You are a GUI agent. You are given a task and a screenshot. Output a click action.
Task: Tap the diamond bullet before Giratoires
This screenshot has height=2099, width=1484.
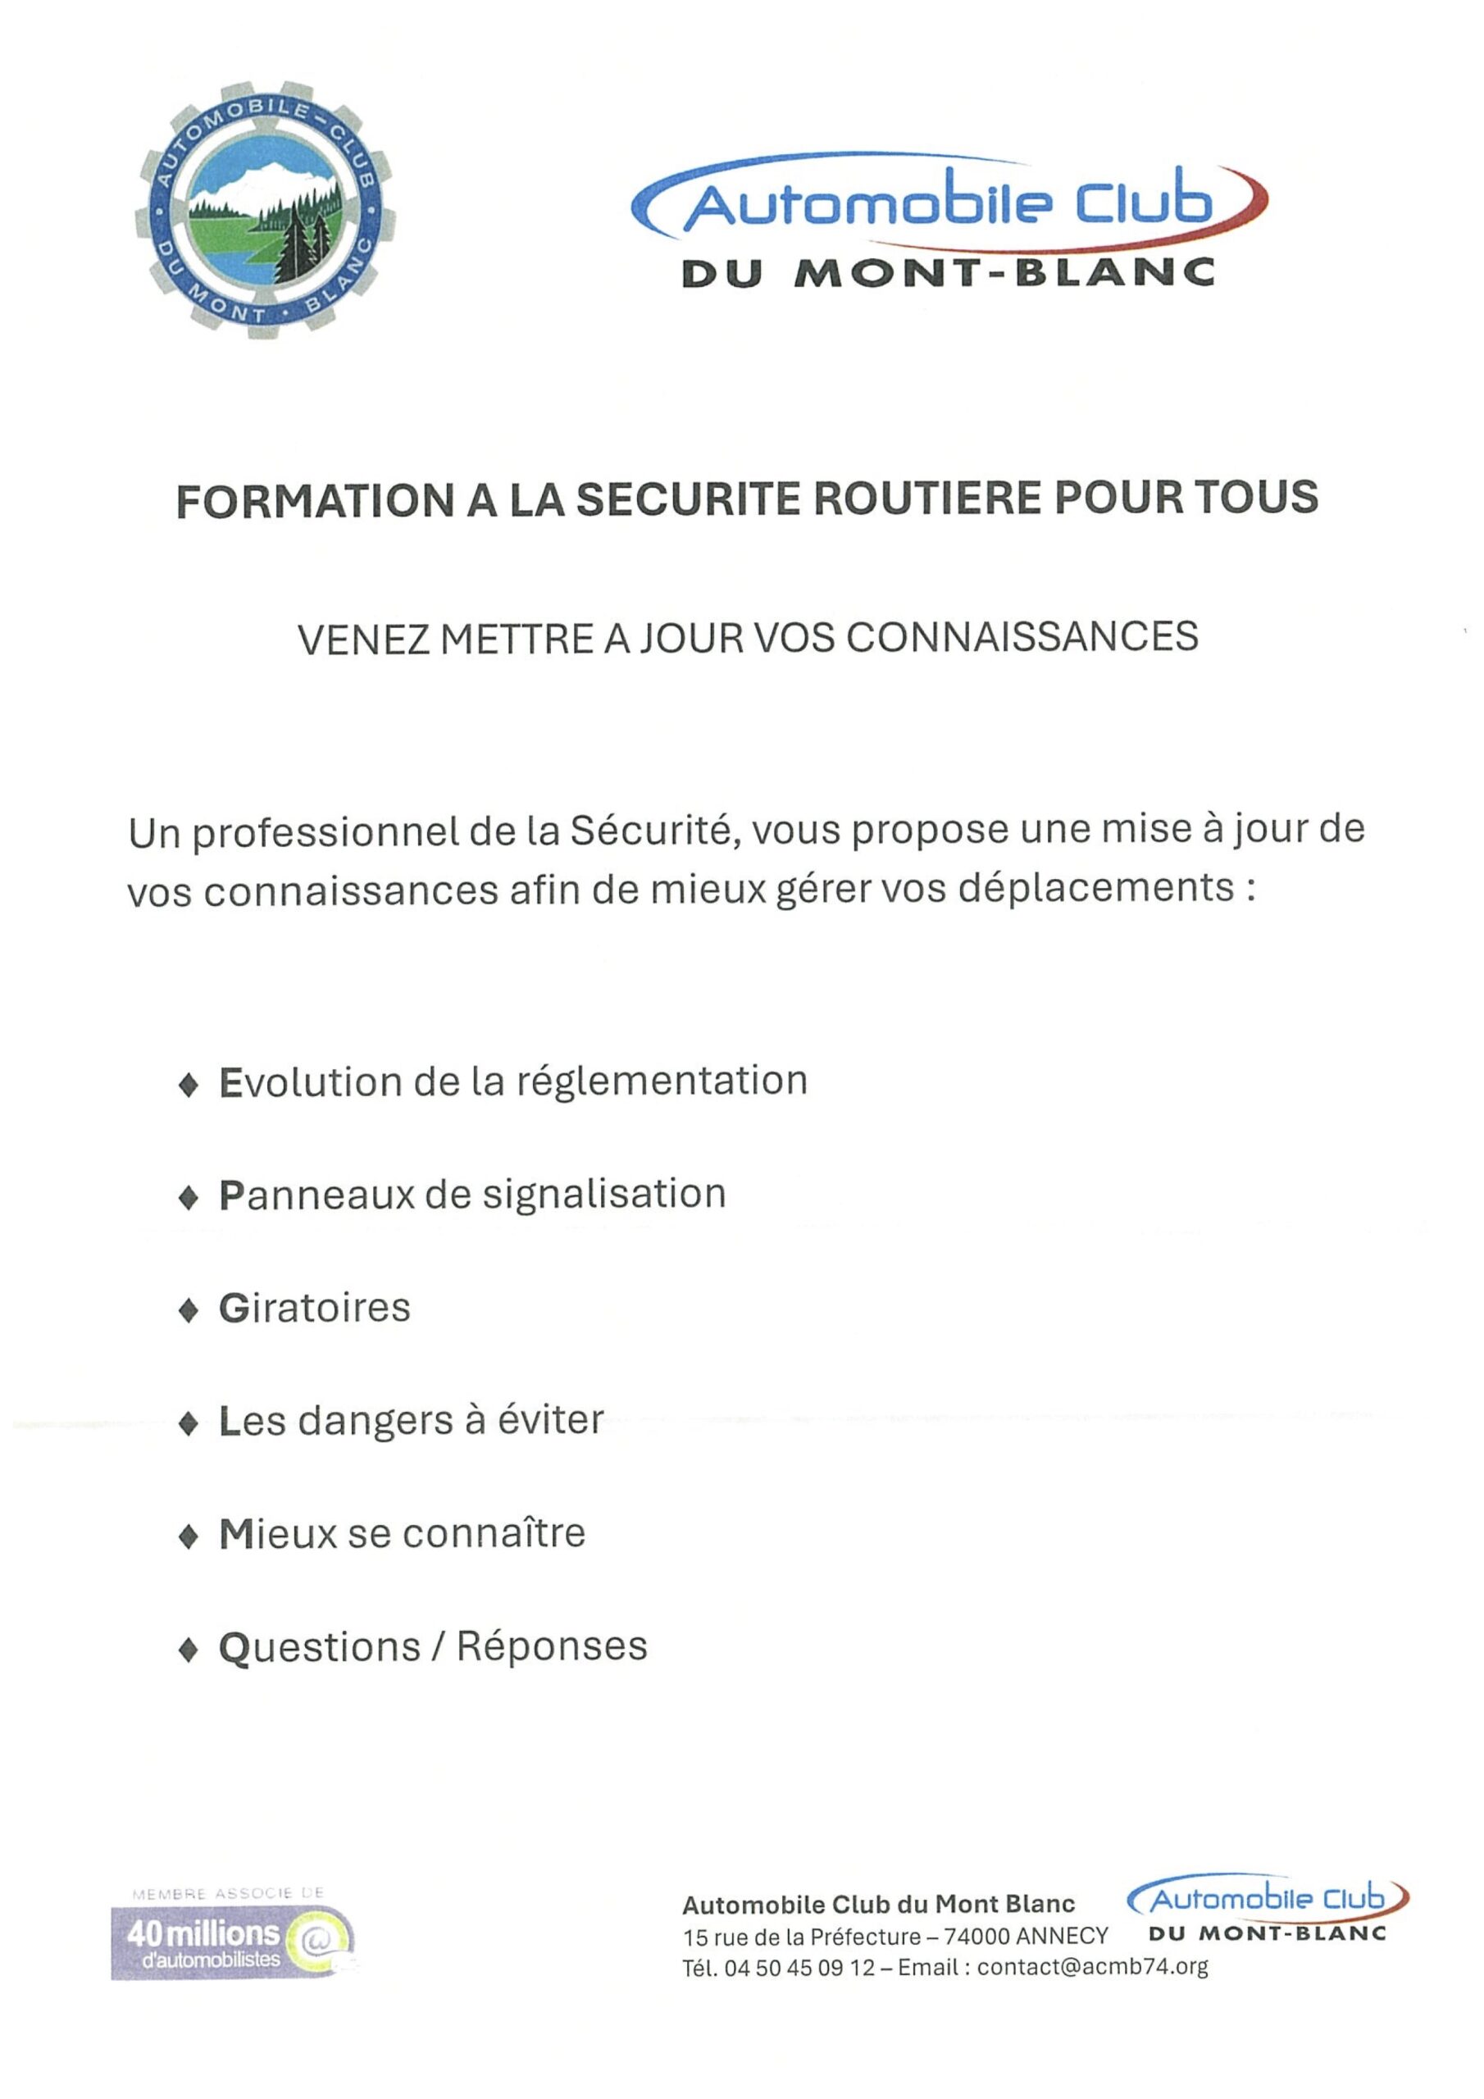[x=189, y=1310]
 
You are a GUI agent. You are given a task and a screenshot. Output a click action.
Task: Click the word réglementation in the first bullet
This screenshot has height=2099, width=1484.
[x=662, y=1081]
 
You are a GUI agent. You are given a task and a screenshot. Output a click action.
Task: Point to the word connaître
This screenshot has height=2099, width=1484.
[x=493, y=1533]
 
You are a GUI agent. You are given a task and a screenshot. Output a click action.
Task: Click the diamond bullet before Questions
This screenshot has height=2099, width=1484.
[x=189, y=1648]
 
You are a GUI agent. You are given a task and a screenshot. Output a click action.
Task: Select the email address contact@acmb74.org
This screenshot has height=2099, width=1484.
[x=1092, y=1965]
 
